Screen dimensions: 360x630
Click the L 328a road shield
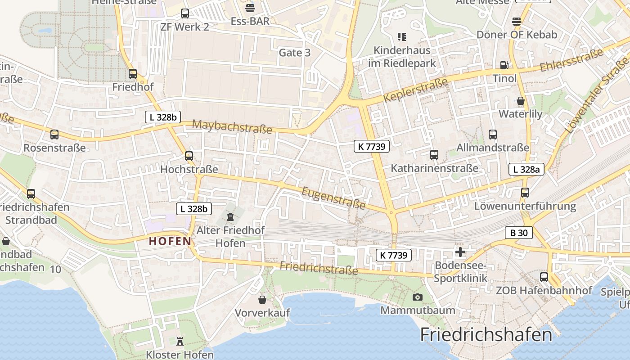point(526,169)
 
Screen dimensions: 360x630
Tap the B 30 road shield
point(518,233)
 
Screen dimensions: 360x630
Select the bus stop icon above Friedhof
point(133,74)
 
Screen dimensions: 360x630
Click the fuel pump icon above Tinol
point(504,65)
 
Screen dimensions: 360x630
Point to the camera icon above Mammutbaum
point(418,297)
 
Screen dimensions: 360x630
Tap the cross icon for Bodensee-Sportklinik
point(460,252)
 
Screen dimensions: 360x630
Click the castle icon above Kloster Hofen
point(180,342)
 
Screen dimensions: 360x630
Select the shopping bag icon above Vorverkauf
point(262,299)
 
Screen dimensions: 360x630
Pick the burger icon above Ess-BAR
point(250,8)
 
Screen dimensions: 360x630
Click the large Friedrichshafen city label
point(486,335)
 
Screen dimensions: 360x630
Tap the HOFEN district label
point(171,241)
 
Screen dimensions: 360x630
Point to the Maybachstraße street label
point(232,126)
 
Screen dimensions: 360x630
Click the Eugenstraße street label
point(333,198)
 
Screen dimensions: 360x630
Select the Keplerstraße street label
point(416,90)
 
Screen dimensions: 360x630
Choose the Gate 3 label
point(295,53)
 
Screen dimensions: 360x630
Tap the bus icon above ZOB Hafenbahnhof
point(544,277)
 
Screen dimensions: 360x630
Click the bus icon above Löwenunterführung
point(525,193)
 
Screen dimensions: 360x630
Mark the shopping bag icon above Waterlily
point(521,100)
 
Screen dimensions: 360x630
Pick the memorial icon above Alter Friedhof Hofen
point(230,217)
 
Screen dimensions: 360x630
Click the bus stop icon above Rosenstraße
point(54,134)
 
